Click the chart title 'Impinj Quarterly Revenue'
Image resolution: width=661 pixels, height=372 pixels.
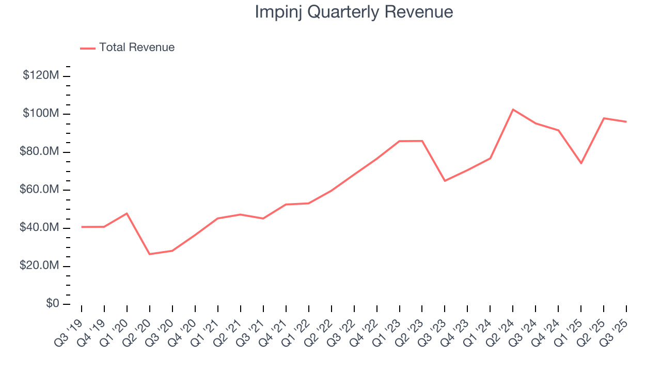pos(354,12)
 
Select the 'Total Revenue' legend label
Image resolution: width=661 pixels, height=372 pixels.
pos(137,48)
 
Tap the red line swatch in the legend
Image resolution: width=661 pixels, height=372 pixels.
pos(88,48)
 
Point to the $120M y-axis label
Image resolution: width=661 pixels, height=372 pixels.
pos(41,75)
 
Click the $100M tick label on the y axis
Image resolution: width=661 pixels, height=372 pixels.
pos(41,114)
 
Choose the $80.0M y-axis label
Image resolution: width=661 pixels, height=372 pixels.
pos(39,152)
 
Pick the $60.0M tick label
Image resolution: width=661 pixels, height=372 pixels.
pos(39,190)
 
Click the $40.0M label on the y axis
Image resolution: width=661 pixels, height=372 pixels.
pos(39,228)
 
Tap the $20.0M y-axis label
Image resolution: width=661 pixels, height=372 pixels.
pos(39,266)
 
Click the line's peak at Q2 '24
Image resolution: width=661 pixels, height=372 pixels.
pos(513,110)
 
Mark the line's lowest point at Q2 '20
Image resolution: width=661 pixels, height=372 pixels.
pos(150,254)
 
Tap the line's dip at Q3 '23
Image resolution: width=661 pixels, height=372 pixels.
pos(445,181)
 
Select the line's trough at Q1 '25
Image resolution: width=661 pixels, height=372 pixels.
pos(581,163)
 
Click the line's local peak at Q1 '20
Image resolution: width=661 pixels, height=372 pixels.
pos(127,213)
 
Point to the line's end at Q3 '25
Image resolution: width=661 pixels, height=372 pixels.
pos(626,122)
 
